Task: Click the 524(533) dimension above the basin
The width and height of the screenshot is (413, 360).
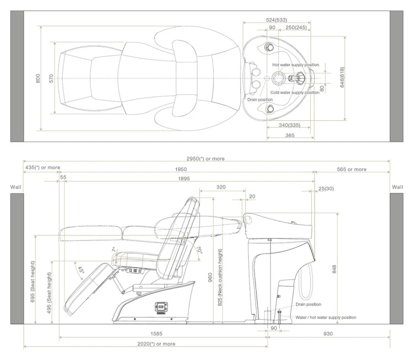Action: pos(276,20)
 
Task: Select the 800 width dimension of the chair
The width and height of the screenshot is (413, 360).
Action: pos(38,78)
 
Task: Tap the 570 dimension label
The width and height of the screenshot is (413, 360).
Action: pos(51,78)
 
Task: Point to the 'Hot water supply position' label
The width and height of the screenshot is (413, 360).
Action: pos(296,65)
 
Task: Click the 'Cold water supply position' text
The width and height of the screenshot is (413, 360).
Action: pos(295,93)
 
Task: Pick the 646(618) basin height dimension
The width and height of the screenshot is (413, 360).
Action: pos(342,77)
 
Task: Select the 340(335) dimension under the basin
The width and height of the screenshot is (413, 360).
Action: pos(290,125)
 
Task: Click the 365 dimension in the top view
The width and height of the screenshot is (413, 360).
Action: pos(290,135)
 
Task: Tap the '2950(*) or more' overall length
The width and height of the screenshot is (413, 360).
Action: pos(205,159)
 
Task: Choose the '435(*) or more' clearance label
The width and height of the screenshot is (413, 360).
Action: pos(42,168)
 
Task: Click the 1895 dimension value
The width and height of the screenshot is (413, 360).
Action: pos(184,179)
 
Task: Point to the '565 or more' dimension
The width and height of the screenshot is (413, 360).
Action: pos(352,169)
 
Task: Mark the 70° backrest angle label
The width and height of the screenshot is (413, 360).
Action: pos(199,250)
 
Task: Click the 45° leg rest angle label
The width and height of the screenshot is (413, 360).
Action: pos(80,270)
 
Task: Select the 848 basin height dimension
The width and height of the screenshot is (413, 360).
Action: pos(334,269)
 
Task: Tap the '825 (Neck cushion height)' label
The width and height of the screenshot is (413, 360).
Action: pos(220,277)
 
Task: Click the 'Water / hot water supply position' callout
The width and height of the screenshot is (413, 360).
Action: pos(326,318)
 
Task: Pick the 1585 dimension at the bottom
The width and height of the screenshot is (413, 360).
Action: pos(156,334)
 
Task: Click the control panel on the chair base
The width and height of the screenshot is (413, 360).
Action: pos(161,308)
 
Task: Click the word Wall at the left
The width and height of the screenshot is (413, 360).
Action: pos(15,187)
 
